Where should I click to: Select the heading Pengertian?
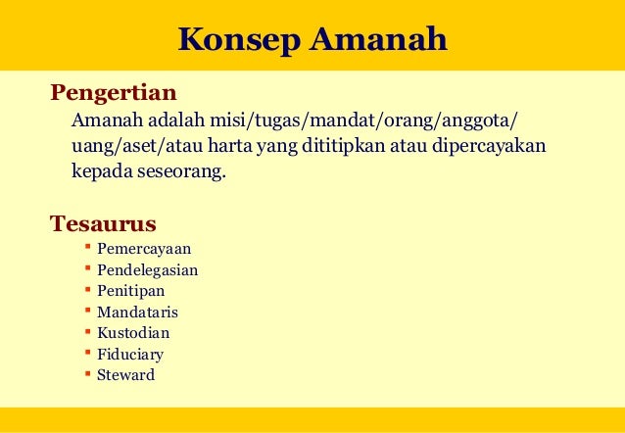(114, 94)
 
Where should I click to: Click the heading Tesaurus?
(103, 223)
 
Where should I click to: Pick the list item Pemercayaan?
(144, 249)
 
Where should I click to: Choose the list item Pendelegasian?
(148, 269)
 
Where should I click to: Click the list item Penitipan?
(131, 291)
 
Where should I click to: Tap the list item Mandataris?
(137, 313)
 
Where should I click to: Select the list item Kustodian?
(133, 333)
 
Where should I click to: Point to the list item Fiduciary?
(130, 355)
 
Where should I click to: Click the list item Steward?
(125, 375)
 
